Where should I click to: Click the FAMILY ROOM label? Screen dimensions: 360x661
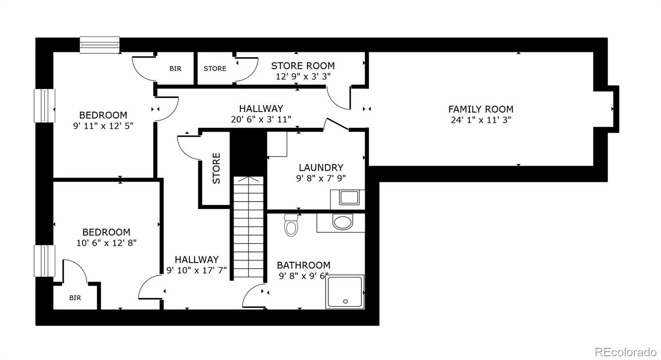480,109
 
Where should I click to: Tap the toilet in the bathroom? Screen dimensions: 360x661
291,225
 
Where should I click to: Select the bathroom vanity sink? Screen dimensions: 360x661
343,223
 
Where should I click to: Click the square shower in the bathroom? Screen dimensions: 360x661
345,291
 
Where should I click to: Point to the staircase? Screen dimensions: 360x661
248,227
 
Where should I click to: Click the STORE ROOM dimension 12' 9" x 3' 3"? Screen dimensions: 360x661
303,76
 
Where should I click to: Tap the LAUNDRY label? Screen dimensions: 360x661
321,168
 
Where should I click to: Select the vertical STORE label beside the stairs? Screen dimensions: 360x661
216,168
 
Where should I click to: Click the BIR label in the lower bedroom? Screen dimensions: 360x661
75,298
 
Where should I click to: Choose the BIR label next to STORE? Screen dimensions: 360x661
175,69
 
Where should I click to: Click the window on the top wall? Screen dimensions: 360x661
100,45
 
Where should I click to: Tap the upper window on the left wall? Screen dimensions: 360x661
44,106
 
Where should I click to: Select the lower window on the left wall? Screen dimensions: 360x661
44,261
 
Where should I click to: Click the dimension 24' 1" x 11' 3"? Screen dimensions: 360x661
481,120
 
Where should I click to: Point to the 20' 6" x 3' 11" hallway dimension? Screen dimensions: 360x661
261,119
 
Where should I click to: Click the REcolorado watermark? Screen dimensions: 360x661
625,352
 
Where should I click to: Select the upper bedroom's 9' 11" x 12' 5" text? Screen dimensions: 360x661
103,126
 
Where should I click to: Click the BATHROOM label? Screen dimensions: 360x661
303,265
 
